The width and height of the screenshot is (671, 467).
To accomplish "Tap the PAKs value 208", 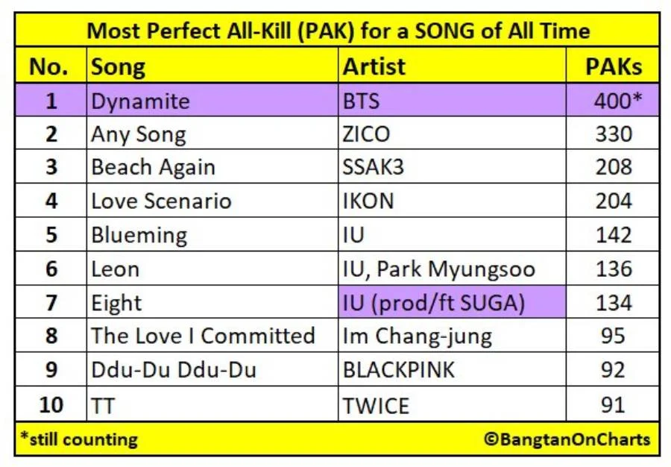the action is pos(614,167).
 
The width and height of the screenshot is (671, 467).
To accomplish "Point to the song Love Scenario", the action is pos(161,201).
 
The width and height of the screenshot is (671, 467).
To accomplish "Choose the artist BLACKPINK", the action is pos(398,370).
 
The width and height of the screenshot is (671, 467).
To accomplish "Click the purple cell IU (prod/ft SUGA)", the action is pos(452,302).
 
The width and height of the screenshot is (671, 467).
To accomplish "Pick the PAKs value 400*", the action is pos(618,101).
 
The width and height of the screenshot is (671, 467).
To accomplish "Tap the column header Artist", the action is pos(374,67).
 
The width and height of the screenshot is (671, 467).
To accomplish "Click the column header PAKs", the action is pos(614,67).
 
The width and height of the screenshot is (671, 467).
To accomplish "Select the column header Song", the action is pos(118,68).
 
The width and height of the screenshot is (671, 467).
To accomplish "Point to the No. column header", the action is pos(48,67).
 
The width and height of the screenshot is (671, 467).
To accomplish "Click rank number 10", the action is pos(51,404).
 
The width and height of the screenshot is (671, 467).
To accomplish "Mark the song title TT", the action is pos(103,405).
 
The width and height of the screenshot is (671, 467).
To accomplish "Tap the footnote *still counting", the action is pos(79,439).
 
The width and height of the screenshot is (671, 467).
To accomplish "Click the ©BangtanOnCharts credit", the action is pos(567,439).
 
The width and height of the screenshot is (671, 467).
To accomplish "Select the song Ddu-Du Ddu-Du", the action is pos(174,370).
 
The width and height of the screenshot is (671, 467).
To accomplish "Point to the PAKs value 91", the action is pos(614,404).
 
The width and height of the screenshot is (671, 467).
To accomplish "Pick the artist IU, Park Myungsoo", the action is pos(439,269).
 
